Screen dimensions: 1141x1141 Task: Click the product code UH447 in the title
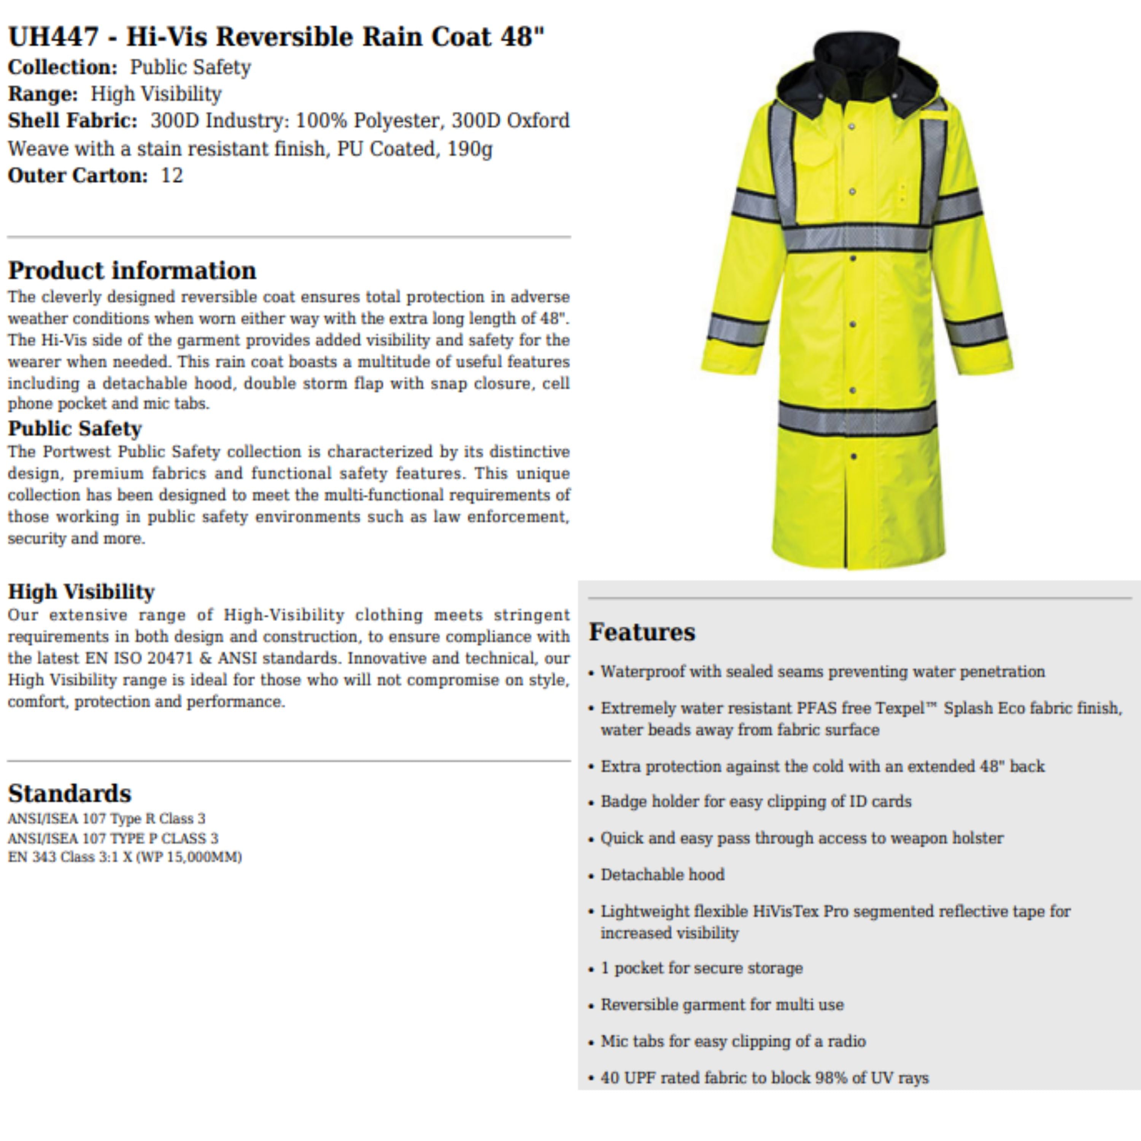pos(53,37)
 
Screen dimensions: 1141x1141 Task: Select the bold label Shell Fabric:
pos(72,121)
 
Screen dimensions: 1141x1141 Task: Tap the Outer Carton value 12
pos(172,175)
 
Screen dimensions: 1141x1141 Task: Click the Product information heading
pos(132,270)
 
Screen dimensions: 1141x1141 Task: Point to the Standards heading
pos(70,793)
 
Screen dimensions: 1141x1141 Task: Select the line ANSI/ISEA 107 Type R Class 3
pos(106,818)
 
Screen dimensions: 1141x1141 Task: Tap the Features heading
pos(642,631)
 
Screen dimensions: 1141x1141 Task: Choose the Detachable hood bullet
pos(662,875)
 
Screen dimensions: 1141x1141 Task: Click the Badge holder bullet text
pos(756,801)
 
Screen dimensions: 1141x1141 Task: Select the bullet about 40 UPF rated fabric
pos(764,1078)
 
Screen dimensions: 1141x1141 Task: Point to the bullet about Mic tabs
pos(733,1041)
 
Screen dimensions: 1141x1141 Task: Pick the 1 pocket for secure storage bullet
pos(702,968)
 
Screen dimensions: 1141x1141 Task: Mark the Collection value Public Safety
pos(190,67)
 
